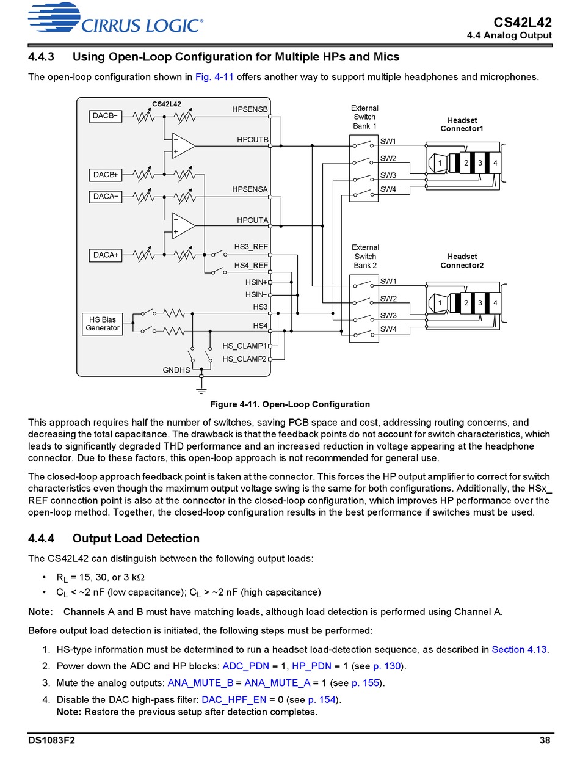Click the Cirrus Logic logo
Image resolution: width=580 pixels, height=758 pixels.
click(x=115, y=18)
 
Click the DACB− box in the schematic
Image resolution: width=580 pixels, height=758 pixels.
click(x=105, y=116)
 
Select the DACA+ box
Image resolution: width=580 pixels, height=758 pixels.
click(x=105, y=255)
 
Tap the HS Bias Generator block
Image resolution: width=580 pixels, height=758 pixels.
click(x=103, y=324)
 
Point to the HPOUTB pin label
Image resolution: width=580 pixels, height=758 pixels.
click(x=252, y=140)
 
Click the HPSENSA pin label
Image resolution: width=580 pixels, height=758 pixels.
click(x=250, y=189)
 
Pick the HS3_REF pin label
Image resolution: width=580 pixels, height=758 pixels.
click(x=251, y=247)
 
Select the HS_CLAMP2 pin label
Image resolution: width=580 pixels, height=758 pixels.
click(x=244, y=359)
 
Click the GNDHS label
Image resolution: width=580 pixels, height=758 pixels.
click(x=176, y=370)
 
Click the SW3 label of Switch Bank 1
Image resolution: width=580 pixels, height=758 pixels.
click(x=388, y=175)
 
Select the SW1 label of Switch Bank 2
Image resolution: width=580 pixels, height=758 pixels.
click(x=388, y=281)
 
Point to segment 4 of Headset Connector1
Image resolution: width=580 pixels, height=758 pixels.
click(x=495, y=163)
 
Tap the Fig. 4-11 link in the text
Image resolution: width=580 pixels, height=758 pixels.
click(x=214, y=77)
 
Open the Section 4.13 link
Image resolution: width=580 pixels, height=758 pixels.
click(x=519, y=649)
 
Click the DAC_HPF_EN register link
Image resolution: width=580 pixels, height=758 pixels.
click(x=234, y=700)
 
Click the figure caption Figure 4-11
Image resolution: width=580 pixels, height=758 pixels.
click(x=289, y=404)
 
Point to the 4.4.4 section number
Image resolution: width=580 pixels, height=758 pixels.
click(x=41, y=538)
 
